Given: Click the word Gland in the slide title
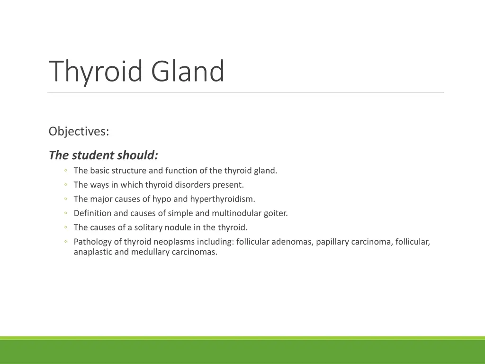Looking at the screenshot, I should point(188,72).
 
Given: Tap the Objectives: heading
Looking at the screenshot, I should point(79,131).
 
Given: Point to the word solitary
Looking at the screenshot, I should point(148,227).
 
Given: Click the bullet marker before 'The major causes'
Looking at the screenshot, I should point(66,200).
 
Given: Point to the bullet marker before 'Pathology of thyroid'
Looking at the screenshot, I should point(66,242).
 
